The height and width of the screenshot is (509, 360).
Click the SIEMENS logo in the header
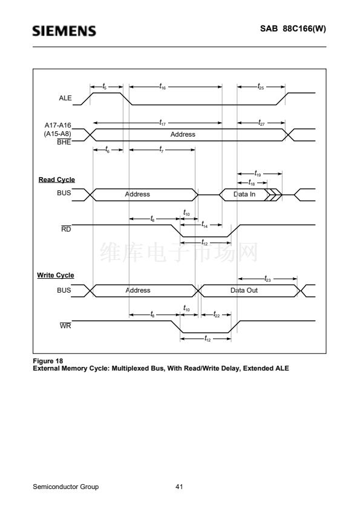coord(64,31)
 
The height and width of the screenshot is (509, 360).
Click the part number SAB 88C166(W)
coord(293,28)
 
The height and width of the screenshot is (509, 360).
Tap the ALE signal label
coord(65,98)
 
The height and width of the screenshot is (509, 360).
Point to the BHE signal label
coord(64,142)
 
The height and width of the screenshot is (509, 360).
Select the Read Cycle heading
coord(56,180)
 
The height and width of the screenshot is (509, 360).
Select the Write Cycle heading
coord(56,275)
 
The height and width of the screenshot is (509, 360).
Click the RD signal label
coord(66,229)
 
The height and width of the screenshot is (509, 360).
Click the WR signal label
coord(65,326)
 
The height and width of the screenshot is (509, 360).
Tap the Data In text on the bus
coord(244,194)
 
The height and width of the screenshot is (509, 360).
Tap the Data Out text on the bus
coord(244,290)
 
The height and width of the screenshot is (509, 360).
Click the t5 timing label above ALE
coord(104,86)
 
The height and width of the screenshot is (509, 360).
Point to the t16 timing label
coord(163,86)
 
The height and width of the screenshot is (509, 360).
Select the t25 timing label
coord(261,86)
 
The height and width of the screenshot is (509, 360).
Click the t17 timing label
coord(163,122)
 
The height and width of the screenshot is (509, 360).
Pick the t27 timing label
coord(261,122)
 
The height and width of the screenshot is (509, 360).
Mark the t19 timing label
coord(258,173)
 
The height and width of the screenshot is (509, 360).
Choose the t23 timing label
coord(267,279)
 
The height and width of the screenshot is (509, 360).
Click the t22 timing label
coord(217,314)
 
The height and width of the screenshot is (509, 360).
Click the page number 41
coord(179,487)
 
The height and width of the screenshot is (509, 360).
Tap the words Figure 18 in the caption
coord(48,361)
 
